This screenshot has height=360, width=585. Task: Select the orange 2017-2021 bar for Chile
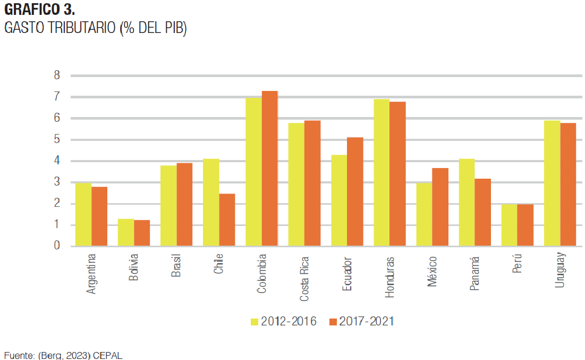click(x=227, y=220)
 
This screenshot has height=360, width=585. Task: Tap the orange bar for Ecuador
click(x=355, y=191)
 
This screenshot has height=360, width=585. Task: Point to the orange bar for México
click(x=440, y=207)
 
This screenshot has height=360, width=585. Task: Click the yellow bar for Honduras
click(x=381, y=173)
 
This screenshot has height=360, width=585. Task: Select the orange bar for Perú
click(x=525, y=225)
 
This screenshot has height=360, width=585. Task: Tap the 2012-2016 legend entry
click(x=284, y=321)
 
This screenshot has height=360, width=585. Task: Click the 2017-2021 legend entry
click(x=361, y=321)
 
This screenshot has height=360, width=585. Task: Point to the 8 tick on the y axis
click(x=57, y=76)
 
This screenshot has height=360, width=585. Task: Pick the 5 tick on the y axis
click(x=57, y=140)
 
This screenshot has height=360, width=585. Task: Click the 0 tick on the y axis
click(x=57, y=246)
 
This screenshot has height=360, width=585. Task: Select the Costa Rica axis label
click(x=304, y=279)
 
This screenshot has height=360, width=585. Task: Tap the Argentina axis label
click(x=91, y=274)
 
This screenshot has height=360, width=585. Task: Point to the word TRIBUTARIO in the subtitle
click(x=79, y=29)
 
